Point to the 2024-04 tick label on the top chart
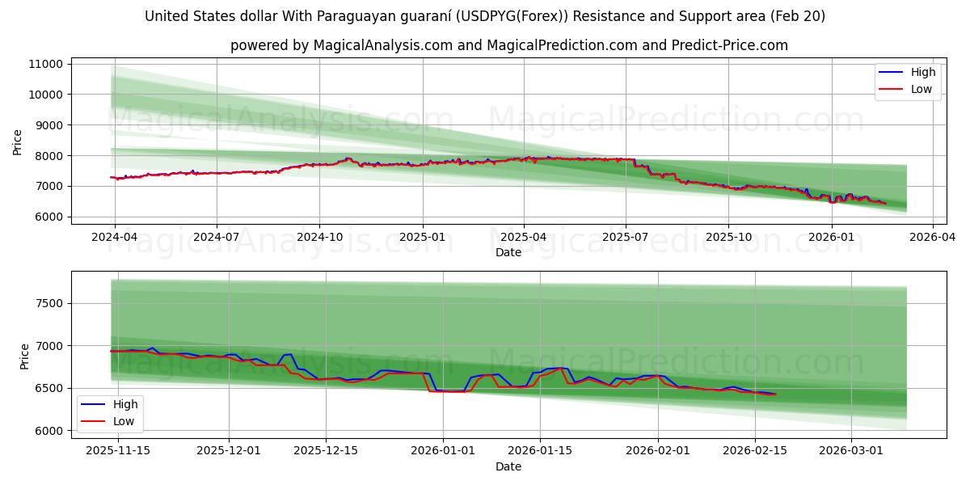[114, 237]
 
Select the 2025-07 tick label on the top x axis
[625, 237]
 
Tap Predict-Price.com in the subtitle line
[730, 45]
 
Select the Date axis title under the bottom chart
[508, 466]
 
